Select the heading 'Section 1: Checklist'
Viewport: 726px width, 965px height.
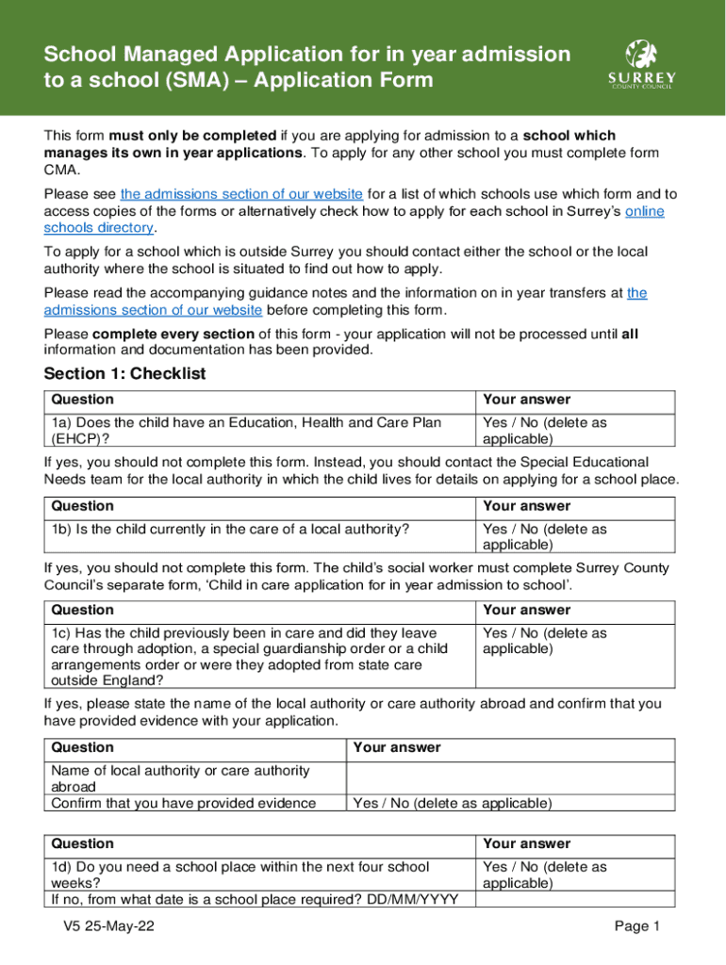124,374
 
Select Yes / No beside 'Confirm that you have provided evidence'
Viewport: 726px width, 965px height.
452,804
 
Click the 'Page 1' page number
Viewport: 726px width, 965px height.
636,926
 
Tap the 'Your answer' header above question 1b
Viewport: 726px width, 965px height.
526,506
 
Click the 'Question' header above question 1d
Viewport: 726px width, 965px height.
82,843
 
